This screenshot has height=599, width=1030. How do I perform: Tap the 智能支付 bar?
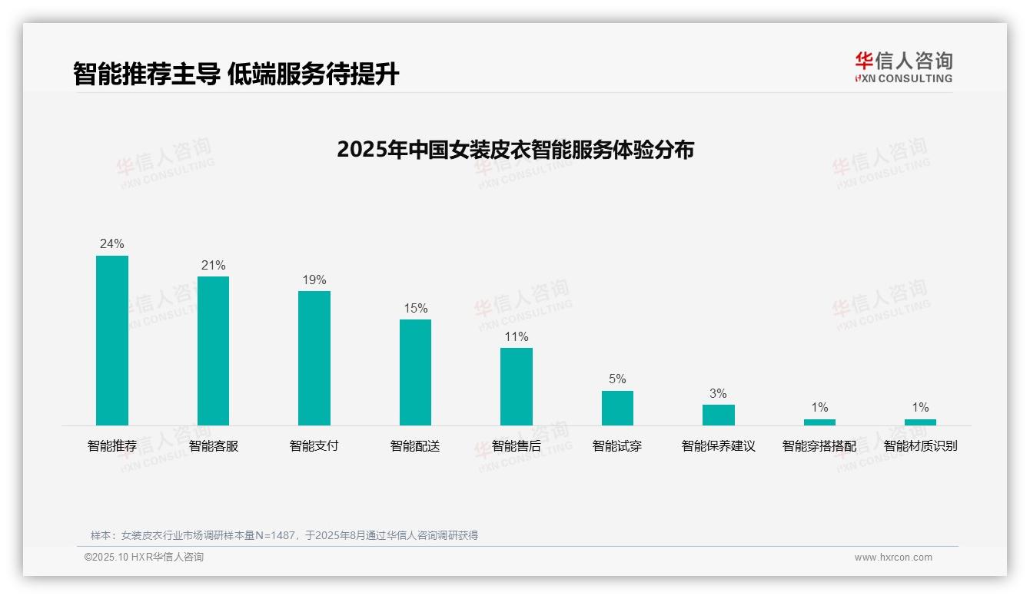pos(314,358)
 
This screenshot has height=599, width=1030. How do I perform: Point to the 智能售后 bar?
pos(517,386)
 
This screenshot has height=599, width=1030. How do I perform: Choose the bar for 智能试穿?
pos(617,408)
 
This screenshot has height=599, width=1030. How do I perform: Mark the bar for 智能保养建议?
pos(718,415)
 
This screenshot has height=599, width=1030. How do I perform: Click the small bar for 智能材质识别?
pos(920,422)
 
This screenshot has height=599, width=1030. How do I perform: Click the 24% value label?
pos(112,244)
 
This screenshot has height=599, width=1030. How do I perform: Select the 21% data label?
pos(213,266)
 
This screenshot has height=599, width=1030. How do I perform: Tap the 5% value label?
pos(617,379)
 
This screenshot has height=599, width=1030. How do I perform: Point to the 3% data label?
pos(718,394)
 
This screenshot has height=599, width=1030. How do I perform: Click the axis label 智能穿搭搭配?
pos(819,446)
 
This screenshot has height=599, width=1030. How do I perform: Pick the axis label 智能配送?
pos(415,446)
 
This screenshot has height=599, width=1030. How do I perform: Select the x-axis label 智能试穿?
pos(617,446)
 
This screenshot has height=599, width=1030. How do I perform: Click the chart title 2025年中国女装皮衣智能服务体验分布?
pos(515,150)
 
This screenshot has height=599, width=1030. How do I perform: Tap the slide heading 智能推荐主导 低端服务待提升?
pos(236,74)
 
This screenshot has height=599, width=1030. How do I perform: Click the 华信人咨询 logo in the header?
pos(903,67)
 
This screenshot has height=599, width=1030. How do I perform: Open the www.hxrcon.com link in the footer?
pos(893,558)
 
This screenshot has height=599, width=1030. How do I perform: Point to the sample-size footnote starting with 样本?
pos(284,535)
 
